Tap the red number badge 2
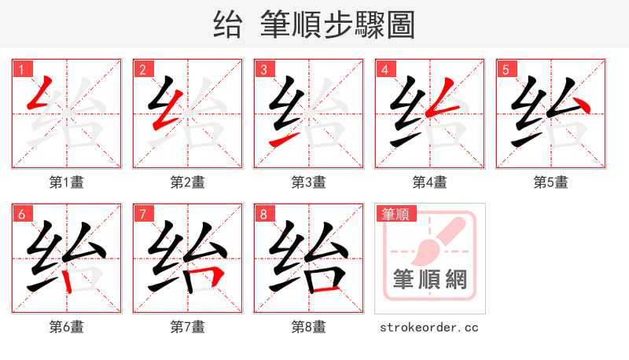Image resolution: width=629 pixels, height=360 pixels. (x=142, y=69)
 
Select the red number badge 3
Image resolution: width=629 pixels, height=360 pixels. (x=263, y=69)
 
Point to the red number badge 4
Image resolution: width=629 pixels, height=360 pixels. (x=384, y=69)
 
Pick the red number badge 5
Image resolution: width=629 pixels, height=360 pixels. (x=506, y=69)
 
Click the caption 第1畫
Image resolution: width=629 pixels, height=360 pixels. (x=66, y=182)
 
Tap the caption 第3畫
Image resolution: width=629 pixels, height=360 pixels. (x=308, y=182)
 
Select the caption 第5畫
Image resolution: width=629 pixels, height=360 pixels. (x=550, y=182)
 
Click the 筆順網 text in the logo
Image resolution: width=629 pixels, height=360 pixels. (x=429, y=280)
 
